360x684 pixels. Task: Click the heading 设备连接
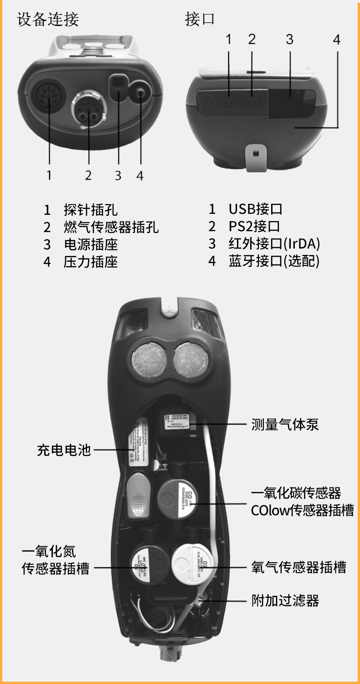[48, 20]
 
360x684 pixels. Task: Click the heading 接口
[200, 20]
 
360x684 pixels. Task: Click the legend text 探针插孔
[91, 210]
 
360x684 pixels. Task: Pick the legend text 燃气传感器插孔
[111, 227]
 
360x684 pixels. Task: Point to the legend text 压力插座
[91, 262]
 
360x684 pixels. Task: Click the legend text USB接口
[255, 210]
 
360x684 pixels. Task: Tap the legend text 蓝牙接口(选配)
[274, 262]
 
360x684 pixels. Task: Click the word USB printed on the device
[226, 104]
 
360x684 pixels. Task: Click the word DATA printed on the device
[252, 104]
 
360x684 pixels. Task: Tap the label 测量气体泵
[285, 425]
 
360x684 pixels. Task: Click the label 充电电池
[64, 451]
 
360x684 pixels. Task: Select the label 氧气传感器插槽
[298, 567]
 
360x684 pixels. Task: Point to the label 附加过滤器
[285, 601]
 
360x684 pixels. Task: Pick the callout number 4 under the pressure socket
[140, 175]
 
